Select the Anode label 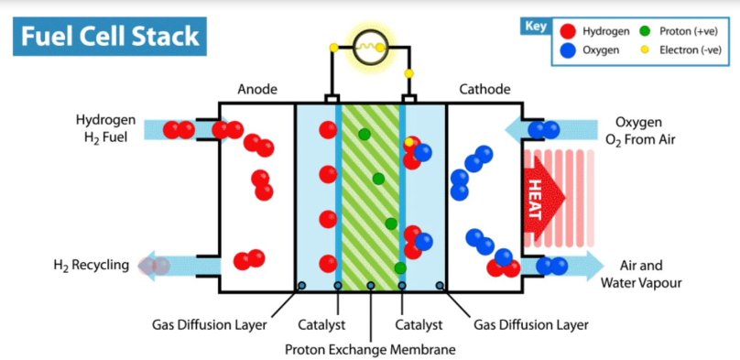pos(257,90)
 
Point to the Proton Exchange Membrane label pos(370,349)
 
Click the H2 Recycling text pos(90,266)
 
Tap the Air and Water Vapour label pos(641,274)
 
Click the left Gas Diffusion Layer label pos(208,324)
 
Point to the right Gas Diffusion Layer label pos(531,324)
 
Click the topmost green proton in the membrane pos(365,135)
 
